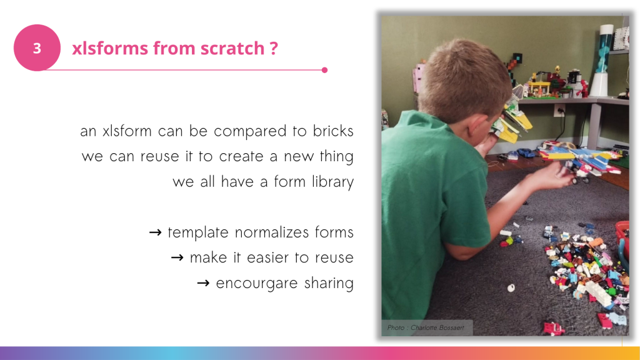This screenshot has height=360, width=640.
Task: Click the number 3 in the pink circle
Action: pyautogui.click(x=37, y=48)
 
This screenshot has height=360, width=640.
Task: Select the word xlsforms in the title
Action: pyautogui.click(x=110, y=48)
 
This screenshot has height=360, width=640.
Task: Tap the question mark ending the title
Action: pyautogui.click(x=274, y=48)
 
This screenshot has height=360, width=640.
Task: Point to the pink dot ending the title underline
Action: pyautogui.click(x=324, y=70)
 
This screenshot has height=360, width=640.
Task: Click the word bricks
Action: pyautogui.click(x=333, y=131)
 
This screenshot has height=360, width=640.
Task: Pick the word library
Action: pyautogui.click(x=332, y=182)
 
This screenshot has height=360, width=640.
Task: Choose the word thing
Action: pyautogui.click(x=336, y=157)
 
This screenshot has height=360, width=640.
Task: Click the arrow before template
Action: pyautogui.click(x=155, y=232)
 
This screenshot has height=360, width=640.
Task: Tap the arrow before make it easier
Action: pyautogui.click(x=177, y=258)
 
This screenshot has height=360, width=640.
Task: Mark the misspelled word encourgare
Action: pyautogui.click(x=257, y=284)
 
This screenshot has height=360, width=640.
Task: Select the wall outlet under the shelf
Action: pyautogui.click(x=559, y=110)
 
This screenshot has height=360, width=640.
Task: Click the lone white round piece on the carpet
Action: pyautogui.click(x=511, y=288)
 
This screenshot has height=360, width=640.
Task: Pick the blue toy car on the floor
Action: pyautogui.click(x=525, y=153)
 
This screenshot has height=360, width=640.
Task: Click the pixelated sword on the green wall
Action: pyautogui.click(x=512, y=62)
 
